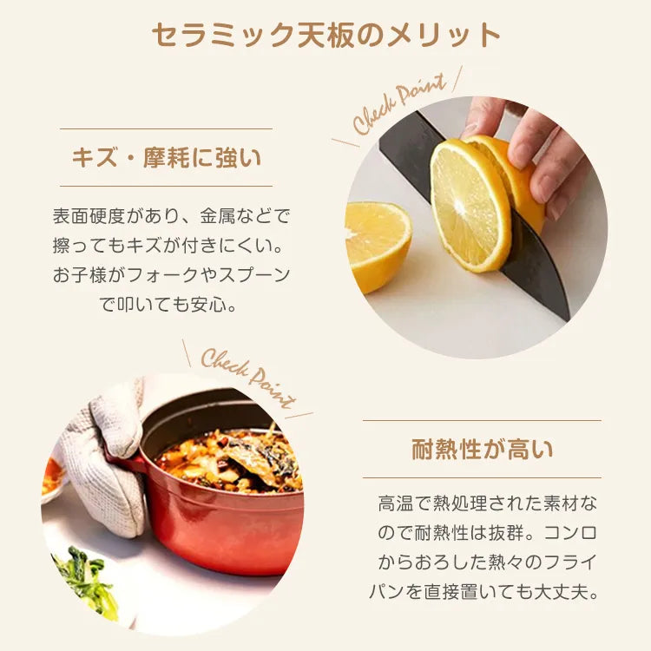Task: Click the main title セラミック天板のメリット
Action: pyautogui.click(x=325, y=35)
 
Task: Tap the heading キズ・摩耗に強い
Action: pyautogui.click(x=167, y=158)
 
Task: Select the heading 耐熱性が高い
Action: pyautogui.click(x=482, y=450)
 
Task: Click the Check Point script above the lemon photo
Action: pyautogui.click(x=399, y=103)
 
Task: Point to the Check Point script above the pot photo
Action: pyautogui.click(x=248, y=378)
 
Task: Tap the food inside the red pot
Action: pyautogui.click(x=228, y=461)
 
